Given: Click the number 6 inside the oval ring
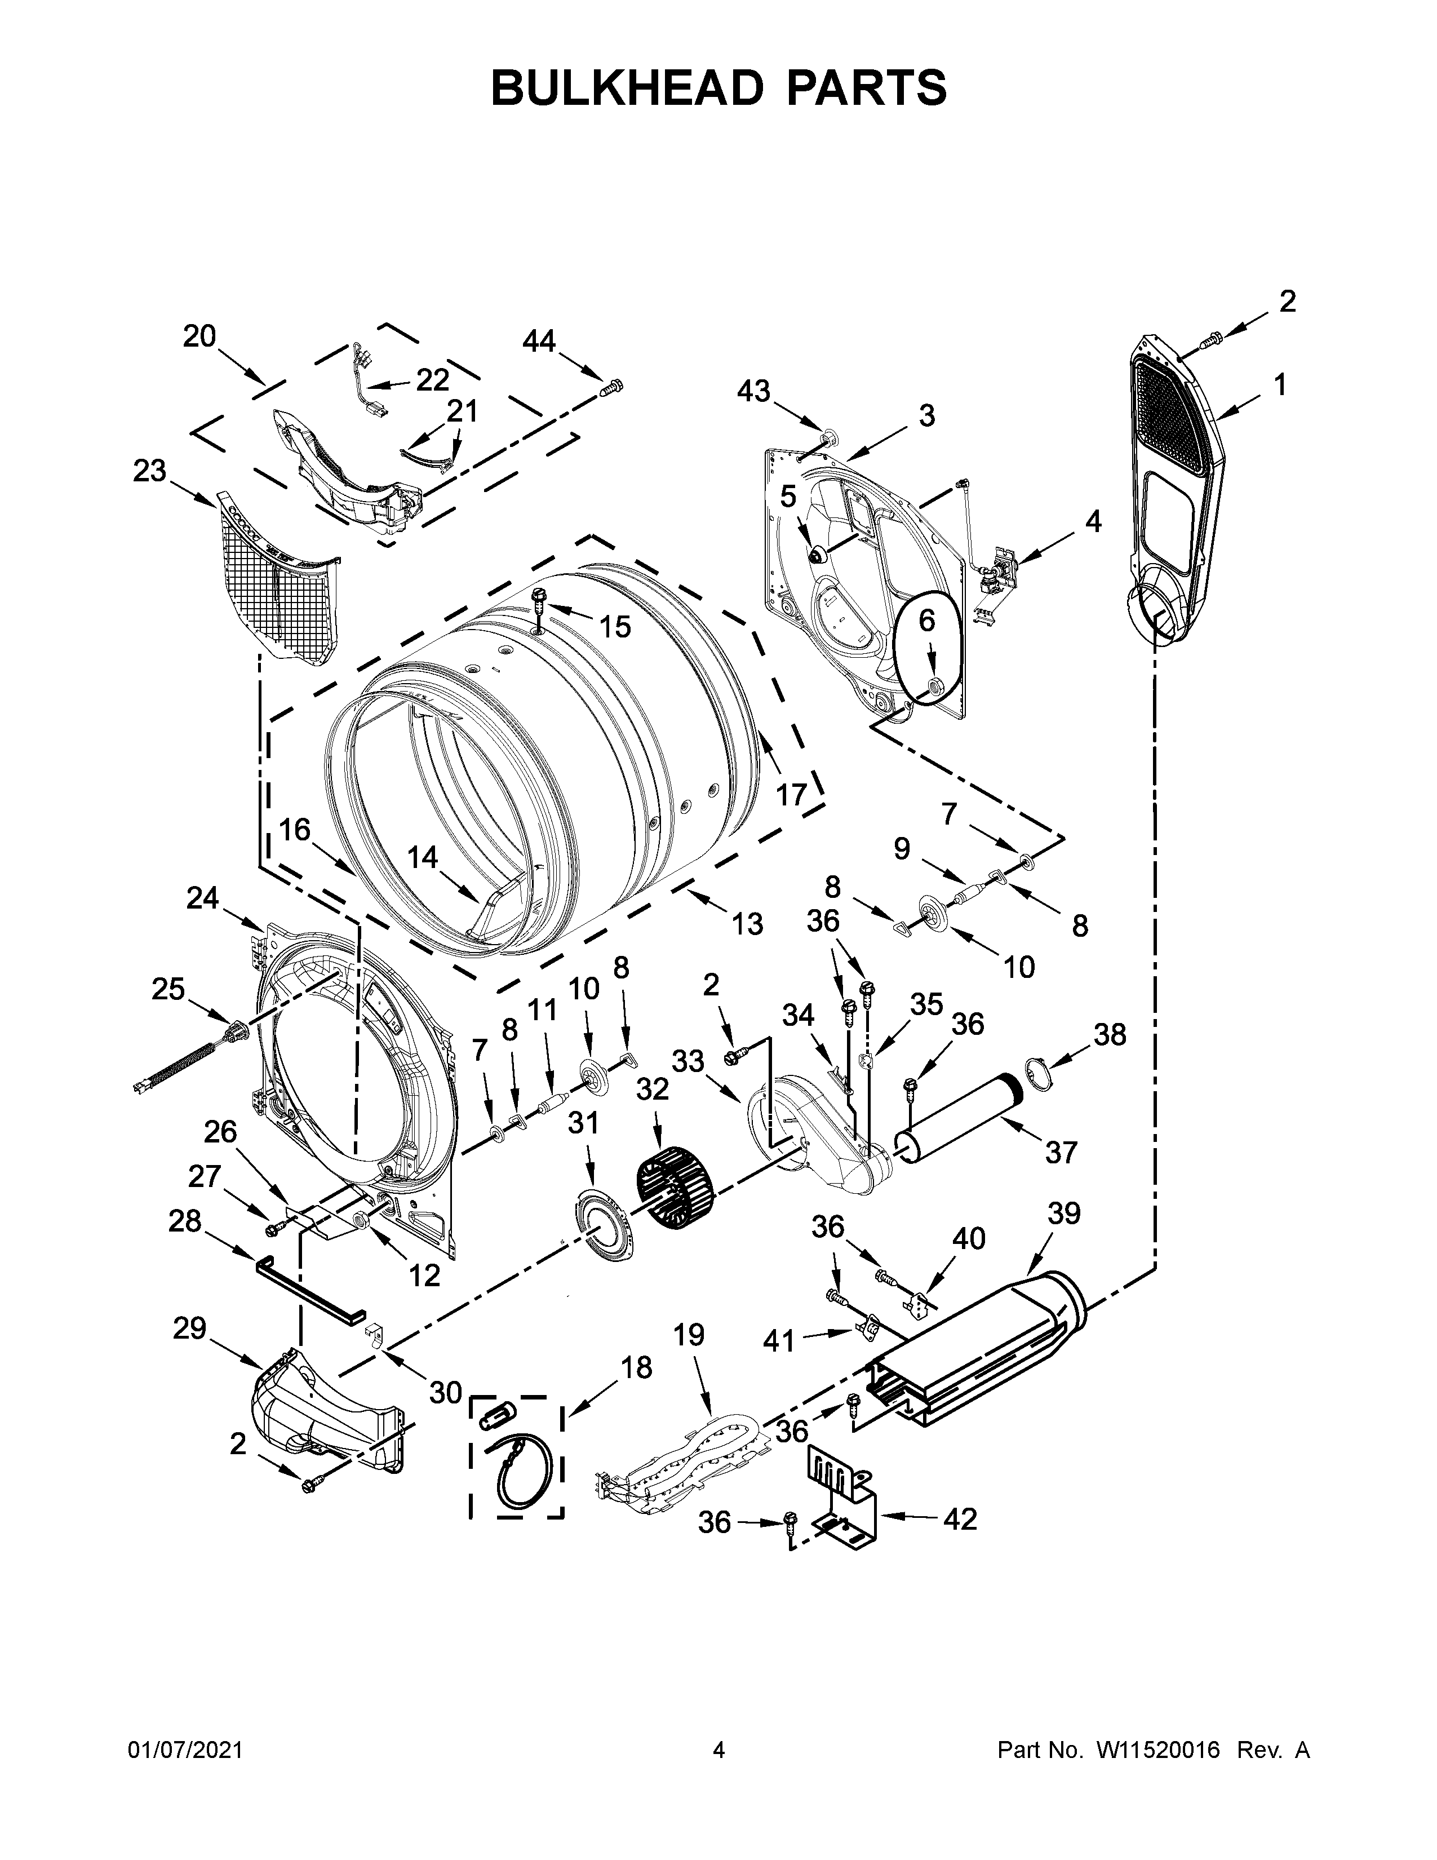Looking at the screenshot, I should click(x=926, y=621).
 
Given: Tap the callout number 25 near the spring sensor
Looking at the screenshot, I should click(x=168, y=989).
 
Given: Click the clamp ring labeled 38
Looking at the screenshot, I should click(x=1037, y=1073).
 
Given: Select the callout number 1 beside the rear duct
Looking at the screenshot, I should click(x=1280, y=385).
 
